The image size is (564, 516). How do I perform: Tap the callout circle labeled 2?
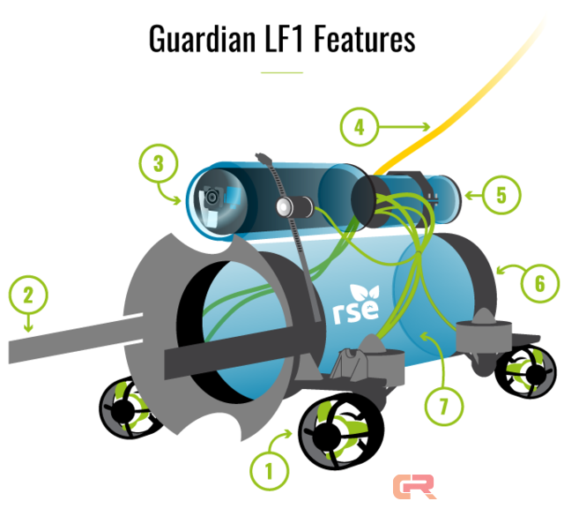click(28, 295)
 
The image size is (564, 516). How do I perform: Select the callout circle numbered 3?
click(158, 163)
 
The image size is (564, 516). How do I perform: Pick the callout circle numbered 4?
click(359, 128)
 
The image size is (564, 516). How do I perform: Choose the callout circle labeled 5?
click(501, 195)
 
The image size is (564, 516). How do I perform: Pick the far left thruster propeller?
click(127, 408)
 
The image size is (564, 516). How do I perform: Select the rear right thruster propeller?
click(524, 370)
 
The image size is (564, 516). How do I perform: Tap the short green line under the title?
click(281, 71)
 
